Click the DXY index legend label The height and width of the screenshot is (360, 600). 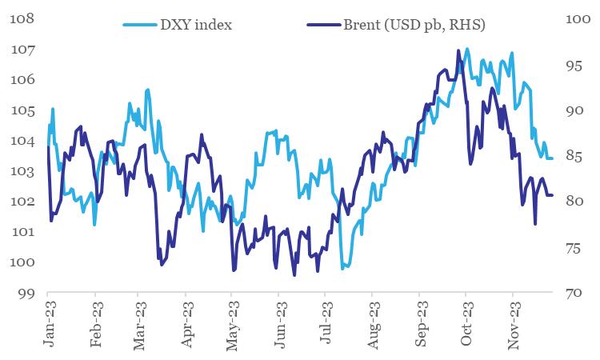pyautogui.click(x=198, y=24)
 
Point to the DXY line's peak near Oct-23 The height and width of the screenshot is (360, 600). pyautogui.click(x=466, y=49)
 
